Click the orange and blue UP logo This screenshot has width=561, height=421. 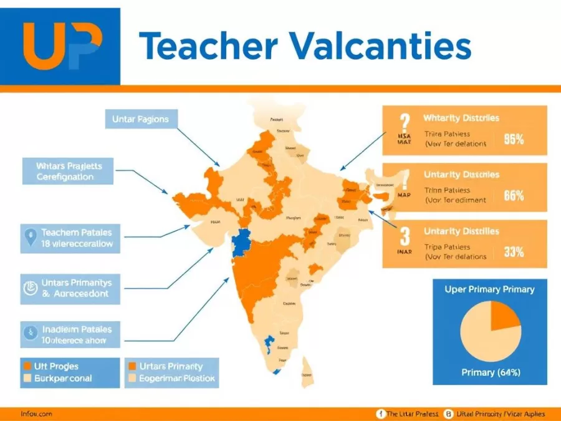tap(60, 46)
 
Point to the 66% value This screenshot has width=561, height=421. tap(513, 195)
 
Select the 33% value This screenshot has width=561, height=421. tap(513, 252)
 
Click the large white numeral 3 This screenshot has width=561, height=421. tap(404, 236)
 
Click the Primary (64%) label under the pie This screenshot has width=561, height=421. tap(491, 372)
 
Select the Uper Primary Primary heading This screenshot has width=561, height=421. tap(489, 289)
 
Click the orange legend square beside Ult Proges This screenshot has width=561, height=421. tap(27, 366)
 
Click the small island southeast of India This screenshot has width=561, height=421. tap(307, 369)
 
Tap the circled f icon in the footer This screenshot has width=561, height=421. tap(380, 414)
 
